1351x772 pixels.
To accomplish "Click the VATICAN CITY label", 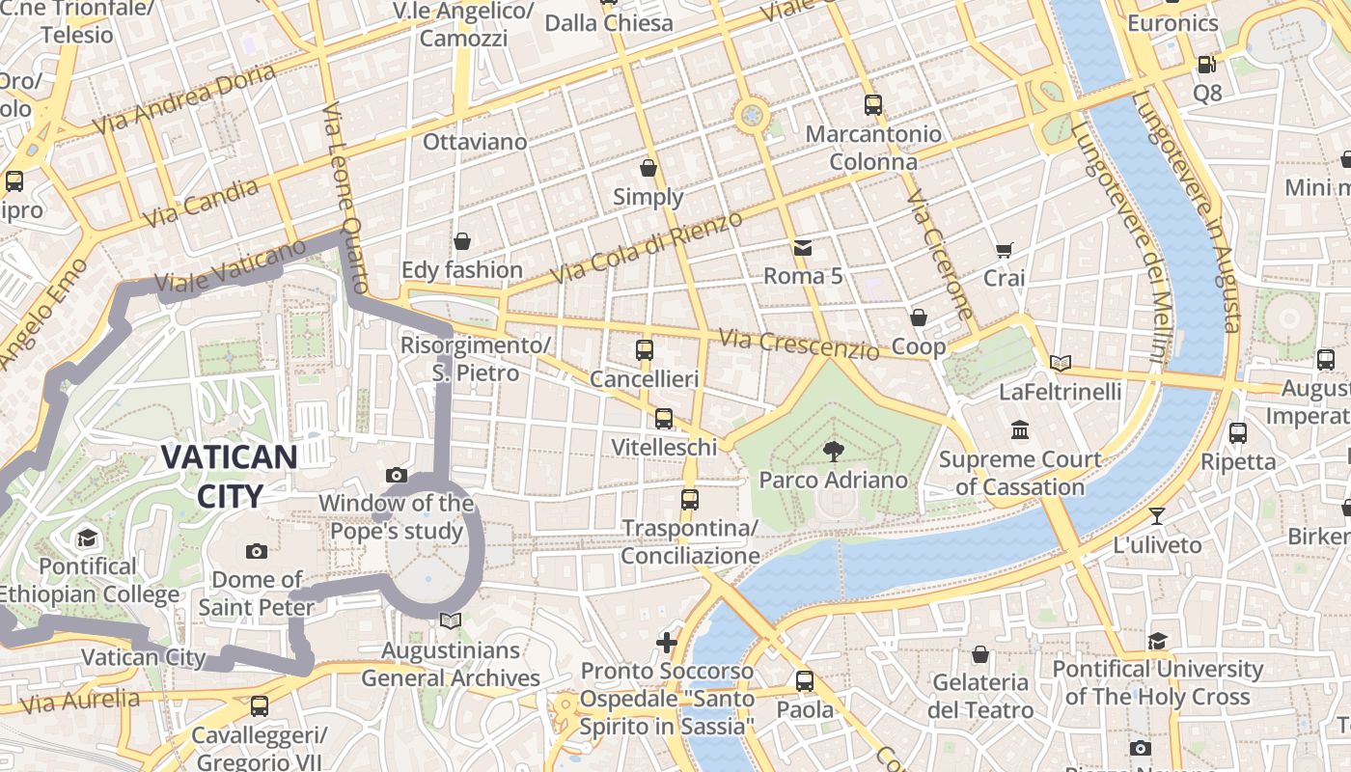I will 229,476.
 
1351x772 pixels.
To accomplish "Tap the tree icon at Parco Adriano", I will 832,451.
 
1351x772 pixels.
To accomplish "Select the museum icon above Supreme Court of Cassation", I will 1020,429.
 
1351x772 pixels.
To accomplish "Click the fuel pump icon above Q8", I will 1206,65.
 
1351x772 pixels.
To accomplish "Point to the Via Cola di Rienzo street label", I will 646,247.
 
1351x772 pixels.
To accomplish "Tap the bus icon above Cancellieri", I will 645,350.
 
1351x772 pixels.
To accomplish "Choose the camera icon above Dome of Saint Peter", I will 257,551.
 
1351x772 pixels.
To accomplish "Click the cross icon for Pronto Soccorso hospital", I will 667,642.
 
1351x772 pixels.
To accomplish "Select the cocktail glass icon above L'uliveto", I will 1157,516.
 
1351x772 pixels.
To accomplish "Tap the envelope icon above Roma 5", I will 803,248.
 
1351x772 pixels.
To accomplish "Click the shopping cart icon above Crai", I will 1004,250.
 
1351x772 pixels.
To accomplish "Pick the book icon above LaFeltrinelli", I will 1061,363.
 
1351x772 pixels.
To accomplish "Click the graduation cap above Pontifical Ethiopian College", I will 88,538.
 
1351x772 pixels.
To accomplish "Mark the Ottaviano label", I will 475,142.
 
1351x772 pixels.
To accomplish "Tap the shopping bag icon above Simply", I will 648,168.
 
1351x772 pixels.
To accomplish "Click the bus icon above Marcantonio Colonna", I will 873,105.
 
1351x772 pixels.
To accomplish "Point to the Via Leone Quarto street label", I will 345,199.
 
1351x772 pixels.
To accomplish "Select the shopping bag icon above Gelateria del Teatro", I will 979,654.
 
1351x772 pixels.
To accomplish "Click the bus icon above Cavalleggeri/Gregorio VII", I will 259,705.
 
